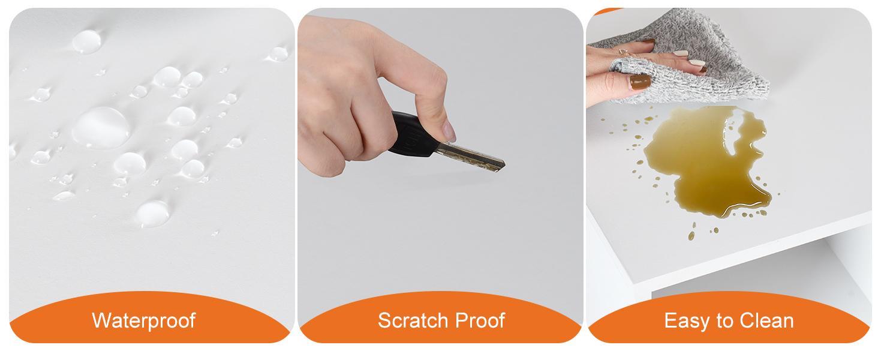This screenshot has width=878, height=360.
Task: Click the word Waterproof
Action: pos(144,320)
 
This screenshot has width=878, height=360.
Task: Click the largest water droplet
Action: pos(101,128)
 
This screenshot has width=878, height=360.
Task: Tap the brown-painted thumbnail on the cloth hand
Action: pos(640,82)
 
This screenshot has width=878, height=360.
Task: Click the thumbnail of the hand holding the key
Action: pos(449,131)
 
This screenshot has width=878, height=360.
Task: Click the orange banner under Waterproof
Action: pos(149,317)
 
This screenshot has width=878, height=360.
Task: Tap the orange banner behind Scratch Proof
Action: pos(440,317)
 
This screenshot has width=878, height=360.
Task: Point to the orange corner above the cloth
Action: pos(607,11)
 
